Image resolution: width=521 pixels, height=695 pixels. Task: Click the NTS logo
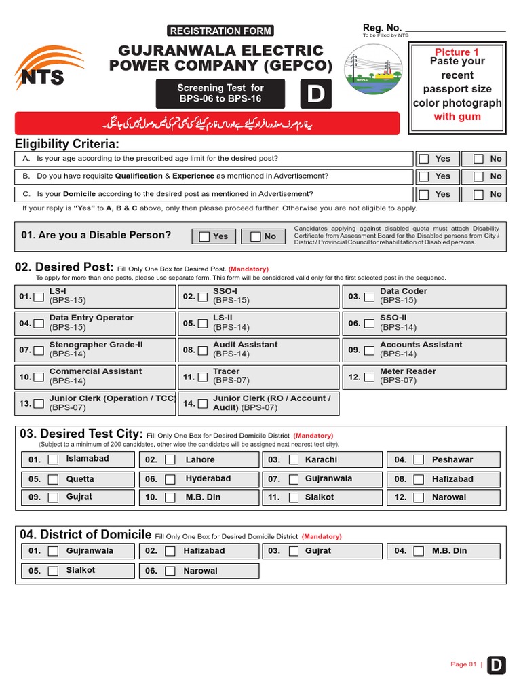click(49, 68)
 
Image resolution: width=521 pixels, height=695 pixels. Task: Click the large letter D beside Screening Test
click(315, 94)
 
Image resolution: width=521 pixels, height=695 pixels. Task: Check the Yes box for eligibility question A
click(424, 159)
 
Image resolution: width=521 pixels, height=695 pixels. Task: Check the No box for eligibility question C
click(478, 194)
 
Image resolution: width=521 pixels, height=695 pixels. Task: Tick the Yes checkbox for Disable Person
click(204, 236)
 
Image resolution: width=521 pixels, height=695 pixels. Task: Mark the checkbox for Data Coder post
click(369, 297)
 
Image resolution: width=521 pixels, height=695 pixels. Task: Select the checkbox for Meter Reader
click(369, 377)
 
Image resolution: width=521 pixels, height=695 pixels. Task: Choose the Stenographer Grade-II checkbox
click(39, 350)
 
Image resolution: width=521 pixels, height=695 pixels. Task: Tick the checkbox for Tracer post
click(202, 377)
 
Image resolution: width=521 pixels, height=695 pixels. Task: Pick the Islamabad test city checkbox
click(53, 459)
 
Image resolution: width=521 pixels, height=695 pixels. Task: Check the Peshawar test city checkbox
click(419, 459)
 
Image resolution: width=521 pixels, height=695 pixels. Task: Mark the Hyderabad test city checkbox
click(170, 479)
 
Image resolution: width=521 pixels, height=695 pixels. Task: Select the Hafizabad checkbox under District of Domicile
click(170, 551)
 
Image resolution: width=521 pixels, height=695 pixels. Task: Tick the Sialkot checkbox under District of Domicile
click(53, 571)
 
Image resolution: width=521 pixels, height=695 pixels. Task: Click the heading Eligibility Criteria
click(67, 144)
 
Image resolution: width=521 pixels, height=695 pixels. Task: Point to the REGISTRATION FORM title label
click(220, 31)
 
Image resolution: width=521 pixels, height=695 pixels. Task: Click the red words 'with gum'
click(457, 117)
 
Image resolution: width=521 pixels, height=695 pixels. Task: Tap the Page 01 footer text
click(463, 664)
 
